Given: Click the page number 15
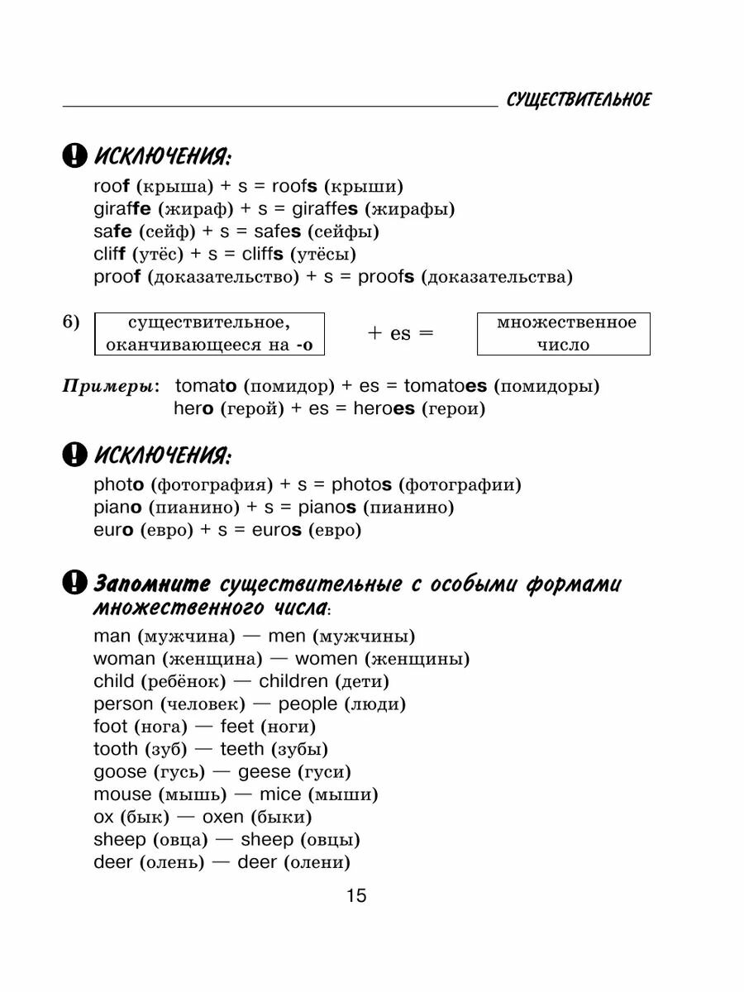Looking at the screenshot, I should (356, 896).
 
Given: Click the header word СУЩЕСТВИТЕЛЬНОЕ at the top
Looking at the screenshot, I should (579, 100).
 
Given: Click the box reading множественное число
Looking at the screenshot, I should (564, 334).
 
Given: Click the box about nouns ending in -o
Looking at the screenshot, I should (210, 334).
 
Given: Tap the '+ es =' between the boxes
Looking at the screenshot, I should (400, 334).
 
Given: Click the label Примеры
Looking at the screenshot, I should (112, 386).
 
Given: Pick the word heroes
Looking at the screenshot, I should (384, 408).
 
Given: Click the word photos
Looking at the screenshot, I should (361, 485).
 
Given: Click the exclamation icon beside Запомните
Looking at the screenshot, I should (74, 584).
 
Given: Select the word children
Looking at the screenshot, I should (293, 682).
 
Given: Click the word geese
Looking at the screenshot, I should (265, 772).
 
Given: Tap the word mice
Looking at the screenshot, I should (280, 794).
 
